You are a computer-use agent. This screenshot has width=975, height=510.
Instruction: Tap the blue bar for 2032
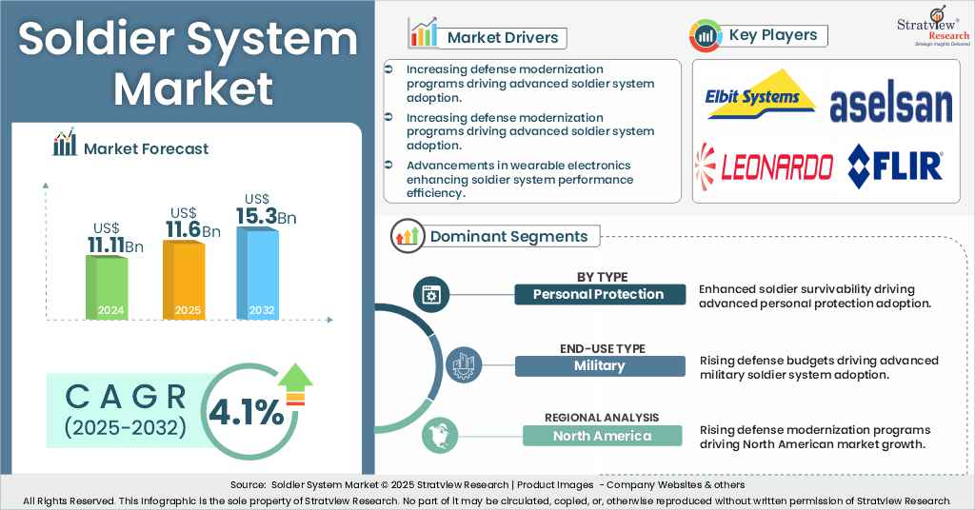(257, 272)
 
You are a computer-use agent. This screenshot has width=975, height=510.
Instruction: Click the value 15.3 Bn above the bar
(266, 216)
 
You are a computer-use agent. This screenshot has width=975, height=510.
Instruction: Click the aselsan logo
(891, 106)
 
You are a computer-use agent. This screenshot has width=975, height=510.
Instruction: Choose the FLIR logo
(895, 165)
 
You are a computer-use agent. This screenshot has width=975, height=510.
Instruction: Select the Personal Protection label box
(599, 294)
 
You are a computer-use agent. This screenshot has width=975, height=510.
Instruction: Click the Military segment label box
(599, 366)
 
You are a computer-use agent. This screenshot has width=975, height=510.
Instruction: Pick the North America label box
(602, 436)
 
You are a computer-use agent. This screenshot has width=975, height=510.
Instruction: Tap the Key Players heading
(772, 35)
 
